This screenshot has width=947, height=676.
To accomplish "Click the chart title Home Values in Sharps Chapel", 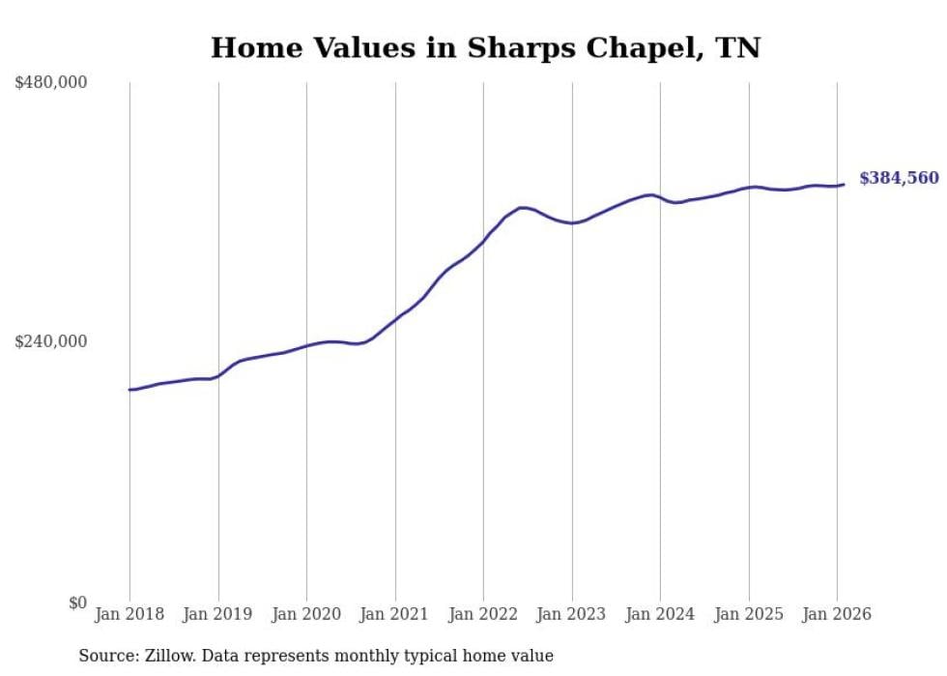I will tap(485, 47).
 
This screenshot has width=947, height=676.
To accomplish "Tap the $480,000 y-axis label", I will tap(51, 83).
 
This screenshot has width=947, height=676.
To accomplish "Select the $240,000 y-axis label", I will tap(51, 341).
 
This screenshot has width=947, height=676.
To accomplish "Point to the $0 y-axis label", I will tap(77, 603).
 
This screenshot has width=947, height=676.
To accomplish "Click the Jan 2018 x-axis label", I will tap(129, 614).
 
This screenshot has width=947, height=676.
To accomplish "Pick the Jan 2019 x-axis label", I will tap(218, 614).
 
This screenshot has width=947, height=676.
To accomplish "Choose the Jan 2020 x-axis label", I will tap(306, 614).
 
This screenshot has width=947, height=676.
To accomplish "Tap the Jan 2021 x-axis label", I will tap(395, 614).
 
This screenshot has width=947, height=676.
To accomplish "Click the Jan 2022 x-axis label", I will tap(483, 614).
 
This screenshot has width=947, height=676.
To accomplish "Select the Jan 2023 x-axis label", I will tap(572, 614).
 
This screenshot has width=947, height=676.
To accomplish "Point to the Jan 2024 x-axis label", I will tap(660, 614).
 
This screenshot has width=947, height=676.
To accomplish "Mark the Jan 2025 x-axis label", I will tap(749, 614).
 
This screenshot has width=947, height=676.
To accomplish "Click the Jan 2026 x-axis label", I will tap(837, 614).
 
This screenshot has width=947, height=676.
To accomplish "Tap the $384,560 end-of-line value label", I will tap(899, 178).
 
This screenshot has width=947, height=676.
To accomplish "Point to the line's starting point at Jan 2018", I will tap(129, 390).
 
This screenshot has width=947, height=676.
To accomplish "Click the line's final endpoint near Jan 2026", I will tap(844, 184).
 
